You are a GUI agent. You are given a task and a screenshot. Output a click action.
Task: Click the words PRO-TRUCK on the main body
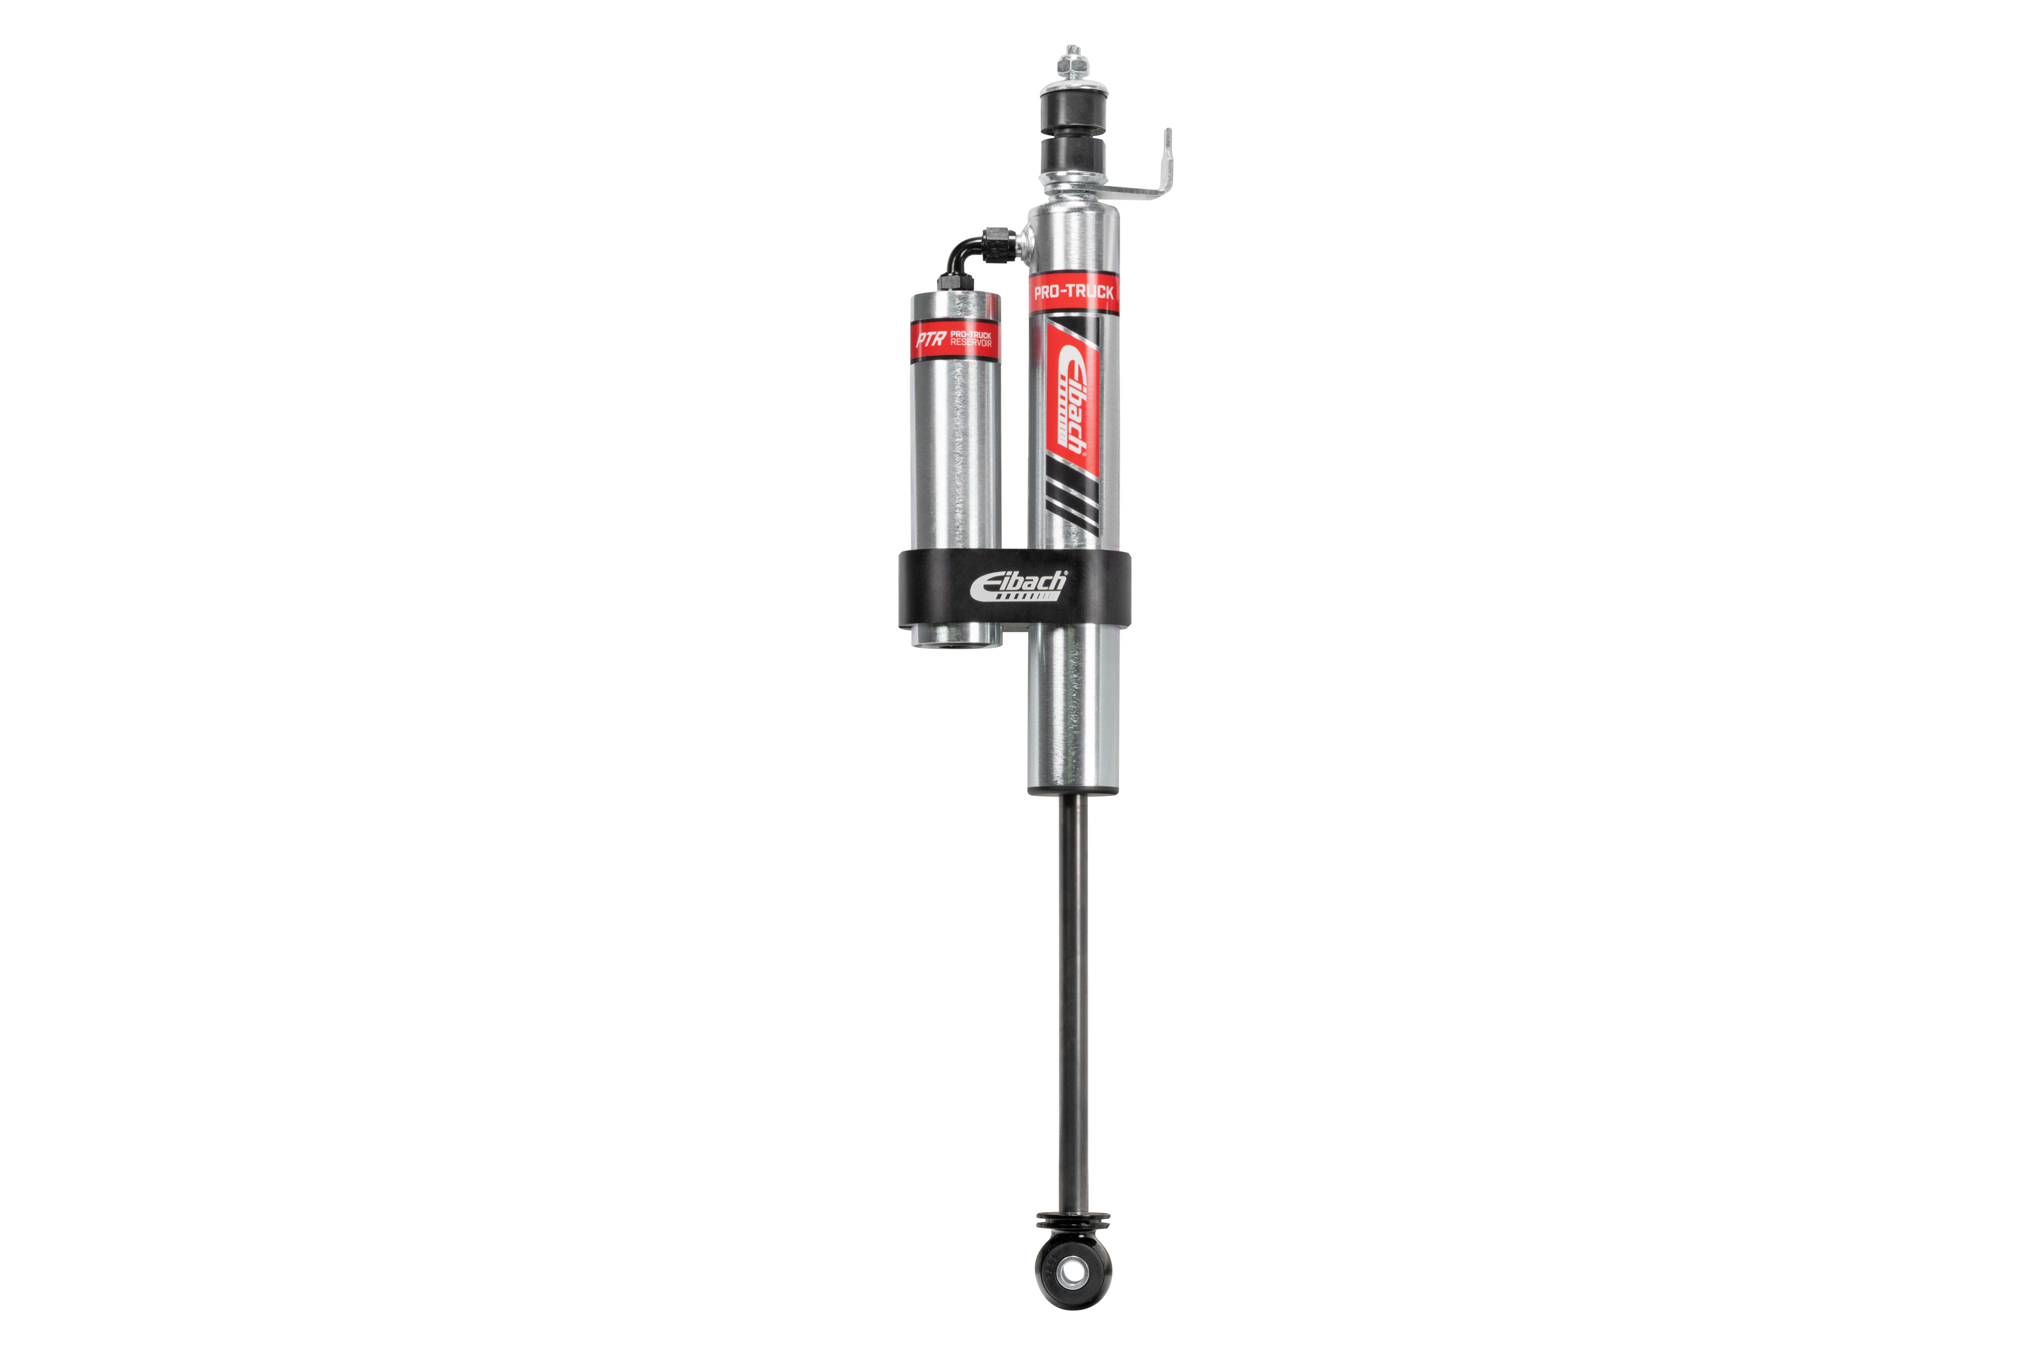pos(1073,292)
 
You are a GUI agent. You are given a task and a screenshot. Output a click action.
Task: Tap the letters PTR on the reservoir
pos(930,339)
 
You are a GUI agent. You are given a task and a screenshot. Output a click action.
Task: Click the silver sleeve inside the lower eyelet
pos(1072,1271)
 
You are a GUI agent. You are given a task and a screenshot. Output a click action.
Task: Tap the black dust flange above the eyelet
pos(1072,1221)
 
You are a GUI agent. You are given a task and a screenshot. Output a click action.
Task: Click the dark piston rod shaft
pos(1072,991)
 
